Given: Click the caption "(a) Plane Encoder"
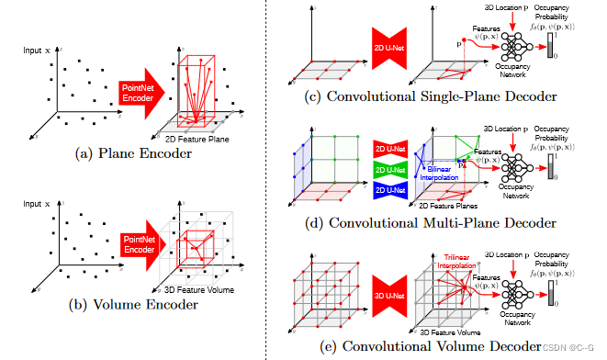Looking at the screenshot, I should click(135, 154).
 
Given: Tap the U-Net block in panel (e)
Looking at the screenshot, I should click(387, 292).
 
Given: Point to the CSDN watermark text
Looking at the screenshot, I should click(569, 348).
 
